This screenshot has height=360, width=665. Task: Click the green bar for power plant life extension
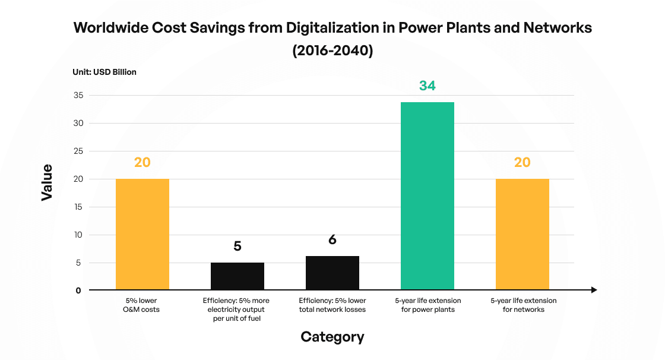427,196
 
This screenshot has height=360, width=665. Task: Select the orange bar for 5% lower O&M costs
142,235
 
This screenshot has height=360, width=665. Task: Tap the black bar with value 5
237,276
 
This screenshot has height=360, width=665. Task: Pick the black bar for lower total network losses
332,273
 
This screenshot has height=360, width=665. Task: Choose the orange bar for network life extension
522,235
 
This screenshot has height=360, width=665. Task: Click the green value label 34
427,86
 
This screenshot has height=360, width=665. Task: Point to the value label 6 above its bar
332,240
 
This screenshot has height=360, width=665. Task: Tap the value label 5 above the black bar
237,246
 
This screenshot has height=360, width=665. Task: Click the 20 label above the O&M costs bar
142,162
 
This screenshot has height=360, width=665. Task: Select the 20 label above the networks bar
522,162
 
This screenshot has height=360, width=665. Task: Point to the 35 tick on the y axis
78,96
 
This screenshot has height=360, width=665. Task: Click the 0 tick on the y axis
78,290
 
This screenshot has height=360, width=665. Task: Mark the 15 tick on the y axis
78,207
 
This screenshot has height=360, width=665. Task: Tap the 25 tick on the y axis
78,151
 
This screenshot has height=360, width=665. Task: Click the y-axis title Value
47,182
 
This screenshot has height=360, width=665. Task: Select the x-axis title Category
332,337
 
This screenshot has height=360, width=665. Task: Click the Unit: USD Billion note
104,72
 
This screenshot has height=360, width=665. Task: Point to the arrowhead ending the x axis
593,290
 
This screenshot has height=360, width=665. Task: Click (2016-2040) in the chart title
332,51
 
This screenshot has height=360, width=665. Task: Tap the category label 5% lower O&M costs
142,305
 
